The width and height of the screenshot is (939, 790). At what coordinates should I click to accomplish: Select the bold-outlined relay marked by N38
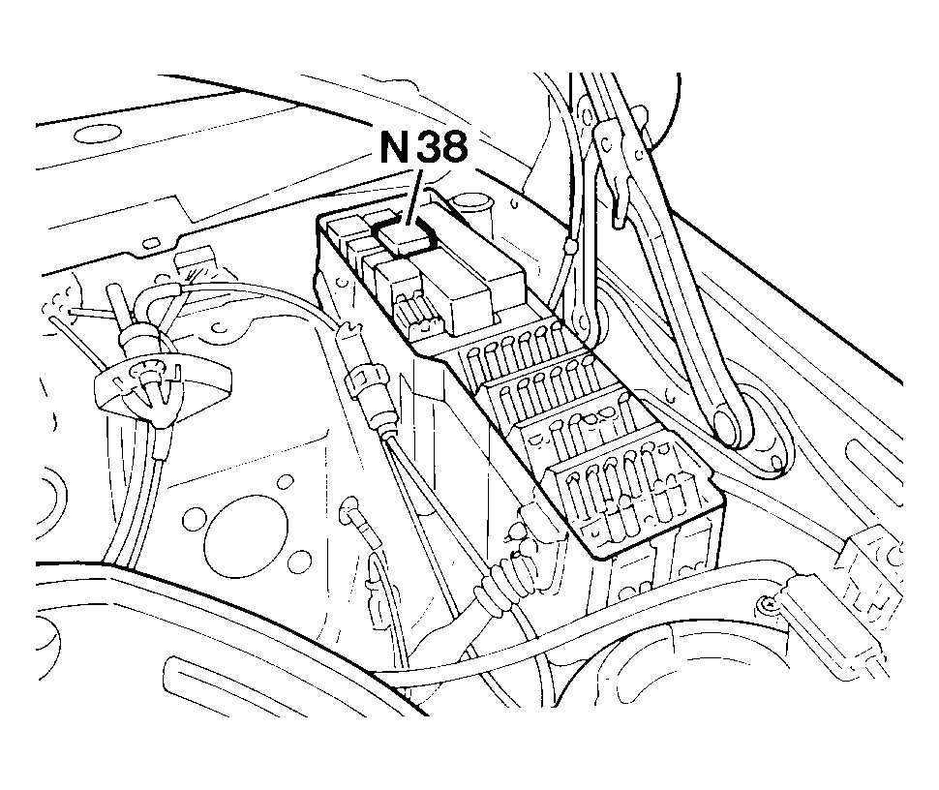(x=405, y=235)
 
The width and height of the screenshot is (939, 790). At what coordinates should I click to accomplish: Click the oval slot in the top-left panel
(x=97, y=134)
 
